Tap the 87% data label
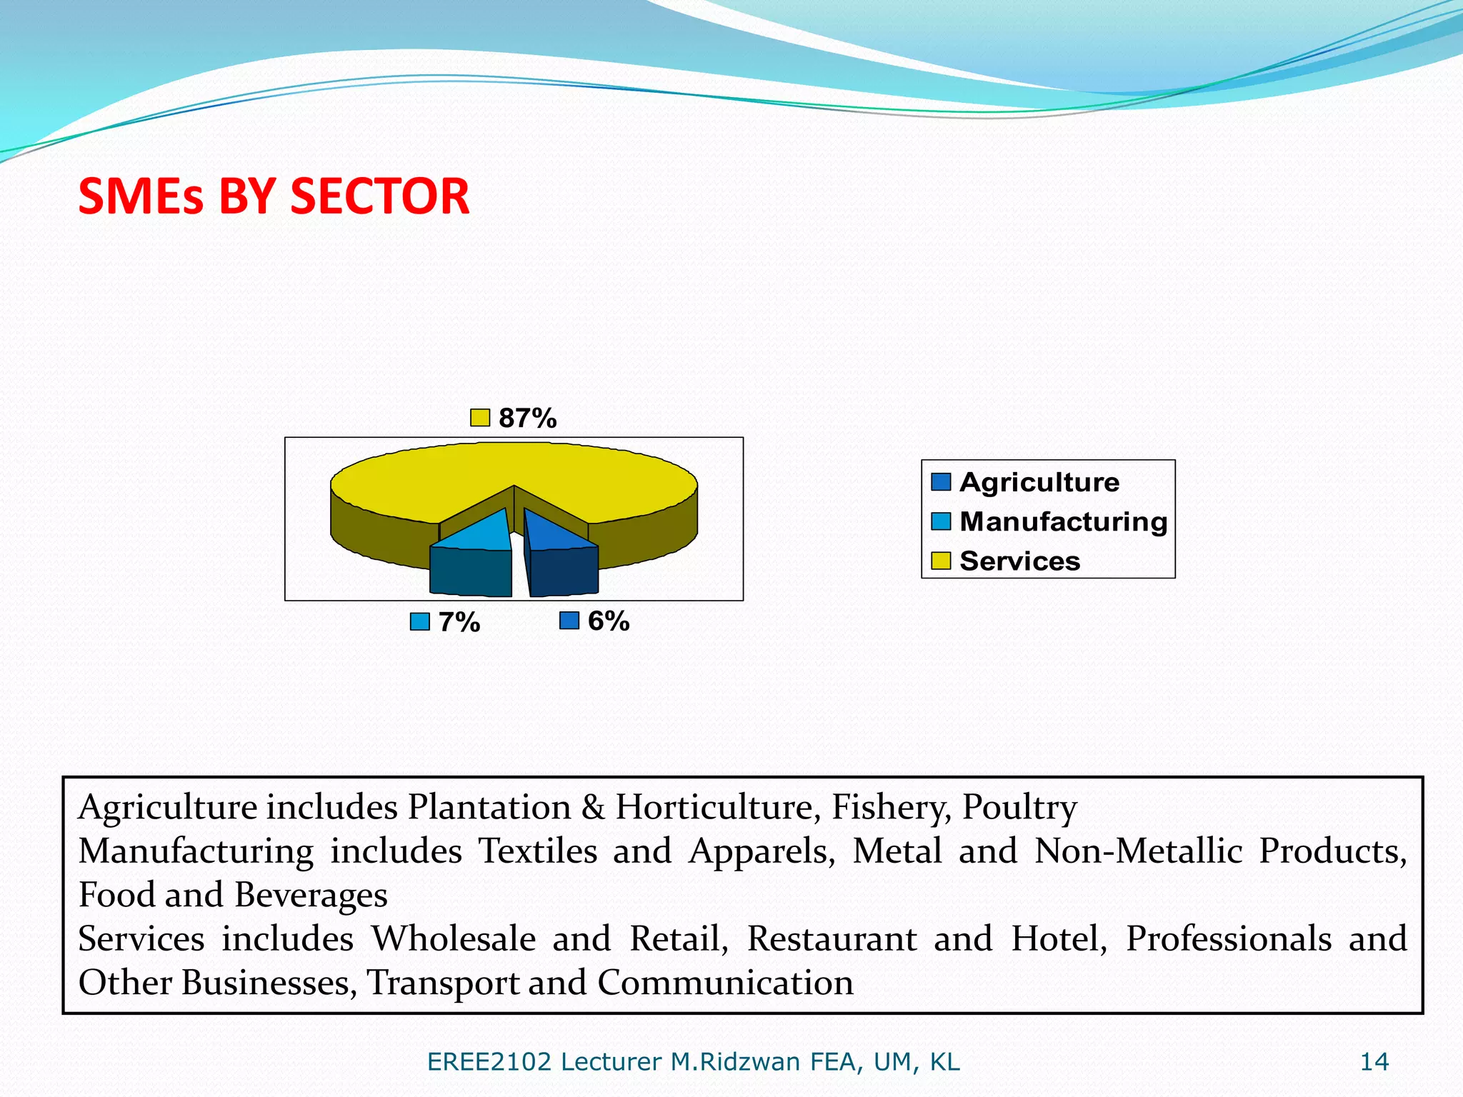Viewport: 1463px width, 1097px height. [x=527, y=419]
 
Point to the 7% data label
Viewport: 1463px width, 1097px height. [x=459, y=622]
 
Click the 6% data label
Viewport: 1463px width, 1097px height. [x=608, y=621]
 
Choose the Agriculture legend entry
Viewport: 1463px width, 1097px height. [x=1039, y=483]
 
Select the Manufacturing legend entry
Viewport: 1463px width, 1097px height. [x=1063, y=522]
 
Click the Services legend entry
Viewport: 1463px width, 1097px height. [x=1019, y=561]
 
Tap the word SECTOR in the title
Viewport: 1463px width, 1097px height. [x=379, y=196]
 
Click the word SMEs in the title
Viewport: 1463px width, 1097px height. [x=141, y=196]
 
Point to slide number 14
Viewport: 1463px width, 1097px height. [x=1374, y=1062]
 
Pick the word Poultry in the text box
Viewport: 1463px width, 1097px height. [x=1019, y=808]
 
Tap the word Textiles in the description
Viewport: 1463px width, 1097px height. [x=537, y=851]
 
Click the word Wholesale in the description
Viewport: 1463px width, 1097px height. [x=453, y=939]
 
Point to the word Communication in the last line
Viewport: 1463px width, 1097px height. [x=725, y=983]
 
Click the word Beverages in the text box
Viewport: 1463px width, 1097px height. [x=311, y=896]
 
